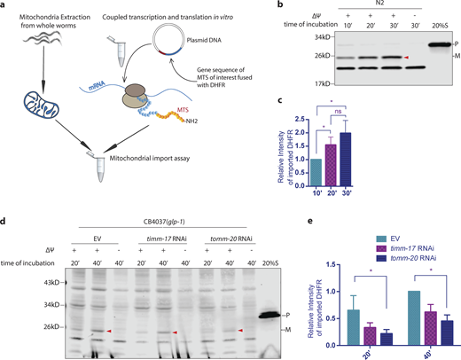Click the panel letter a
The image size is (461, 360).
tap(5, 6)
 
